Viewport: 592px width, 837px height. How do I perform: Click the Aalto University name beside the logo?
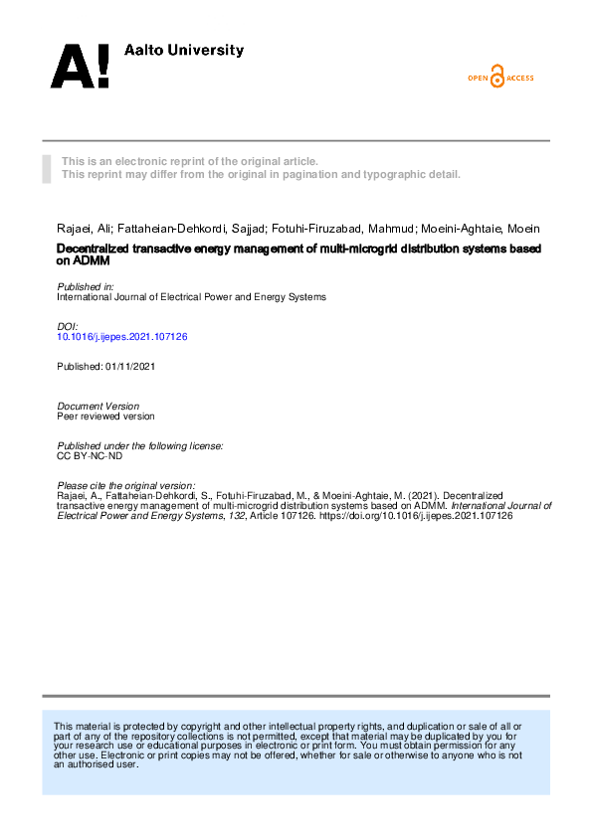click(x=183, y=50)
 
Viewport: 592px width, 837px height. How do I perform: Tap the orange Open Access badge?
click(x=500, y=78)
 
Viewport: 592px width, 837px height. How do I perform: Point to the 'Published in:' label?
click(x=85, y=286)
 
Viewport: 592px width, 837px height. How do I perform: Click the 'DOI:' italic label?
click(x=68, y=326)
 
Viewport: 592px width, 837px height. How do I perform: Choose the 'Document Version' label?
click(x=98, y=406)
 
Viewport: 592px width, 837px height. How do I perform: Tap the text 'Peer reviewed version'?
click(x=105, y=417)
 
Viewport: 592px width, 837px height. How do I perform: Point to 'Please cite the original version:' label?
click(x=125, y=485)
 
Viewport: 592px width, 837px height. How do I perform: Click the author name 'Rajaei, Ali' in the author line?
click(x=83, y=228)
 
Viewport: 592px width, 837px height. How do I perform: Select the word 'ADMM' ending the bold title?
click(x=92, y=261)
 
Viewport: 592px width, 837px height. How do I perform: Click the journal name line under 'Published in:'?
click(x=191, y=296)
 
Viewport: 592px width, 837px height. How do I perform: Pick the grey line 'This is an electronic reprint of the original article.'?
click(x=190, y=161)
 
